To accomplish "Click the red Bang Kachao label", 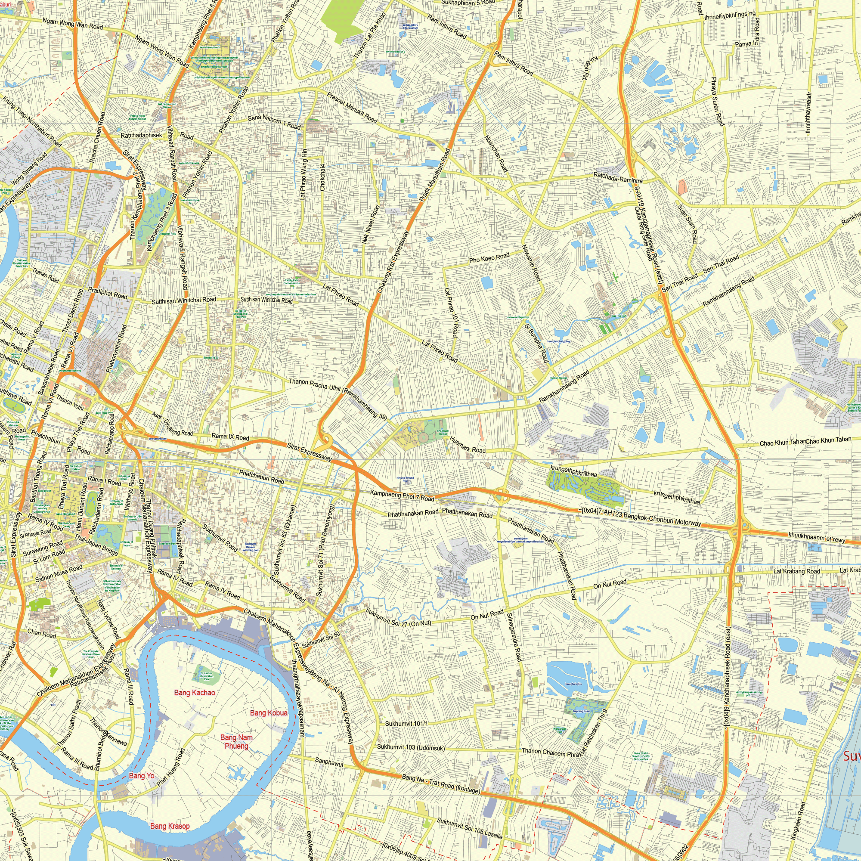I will [x=194, y=692].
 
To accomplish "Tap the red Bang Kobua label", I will [x=269, y=712].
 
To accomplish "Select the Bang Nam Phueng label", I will [x=236, y=742].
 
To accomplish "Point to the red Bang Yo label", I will [x=141, y=776].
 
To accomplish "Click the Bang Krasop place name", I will [x=170, y=826].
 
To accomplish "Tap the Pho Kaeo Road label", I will [x=489, y=258].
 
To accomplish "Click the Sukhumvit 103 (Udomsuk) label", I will [x=410, y=747].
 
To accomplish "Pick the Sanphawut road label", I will [x=329, y=761].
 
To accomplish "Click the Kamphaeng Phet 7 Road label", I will [x=402, y=496].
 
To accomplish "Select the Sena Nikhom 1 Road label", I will [x=274, y=122].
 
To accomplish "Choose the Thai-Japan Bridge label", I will [x=96, y=545].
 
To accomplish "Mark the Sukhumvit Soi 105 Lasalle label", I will [x=470, y=828].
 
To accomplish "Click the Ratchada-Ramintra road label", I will [x=618, y=178].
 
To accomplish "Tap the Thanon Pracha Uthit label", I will [x=315, y=384].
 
